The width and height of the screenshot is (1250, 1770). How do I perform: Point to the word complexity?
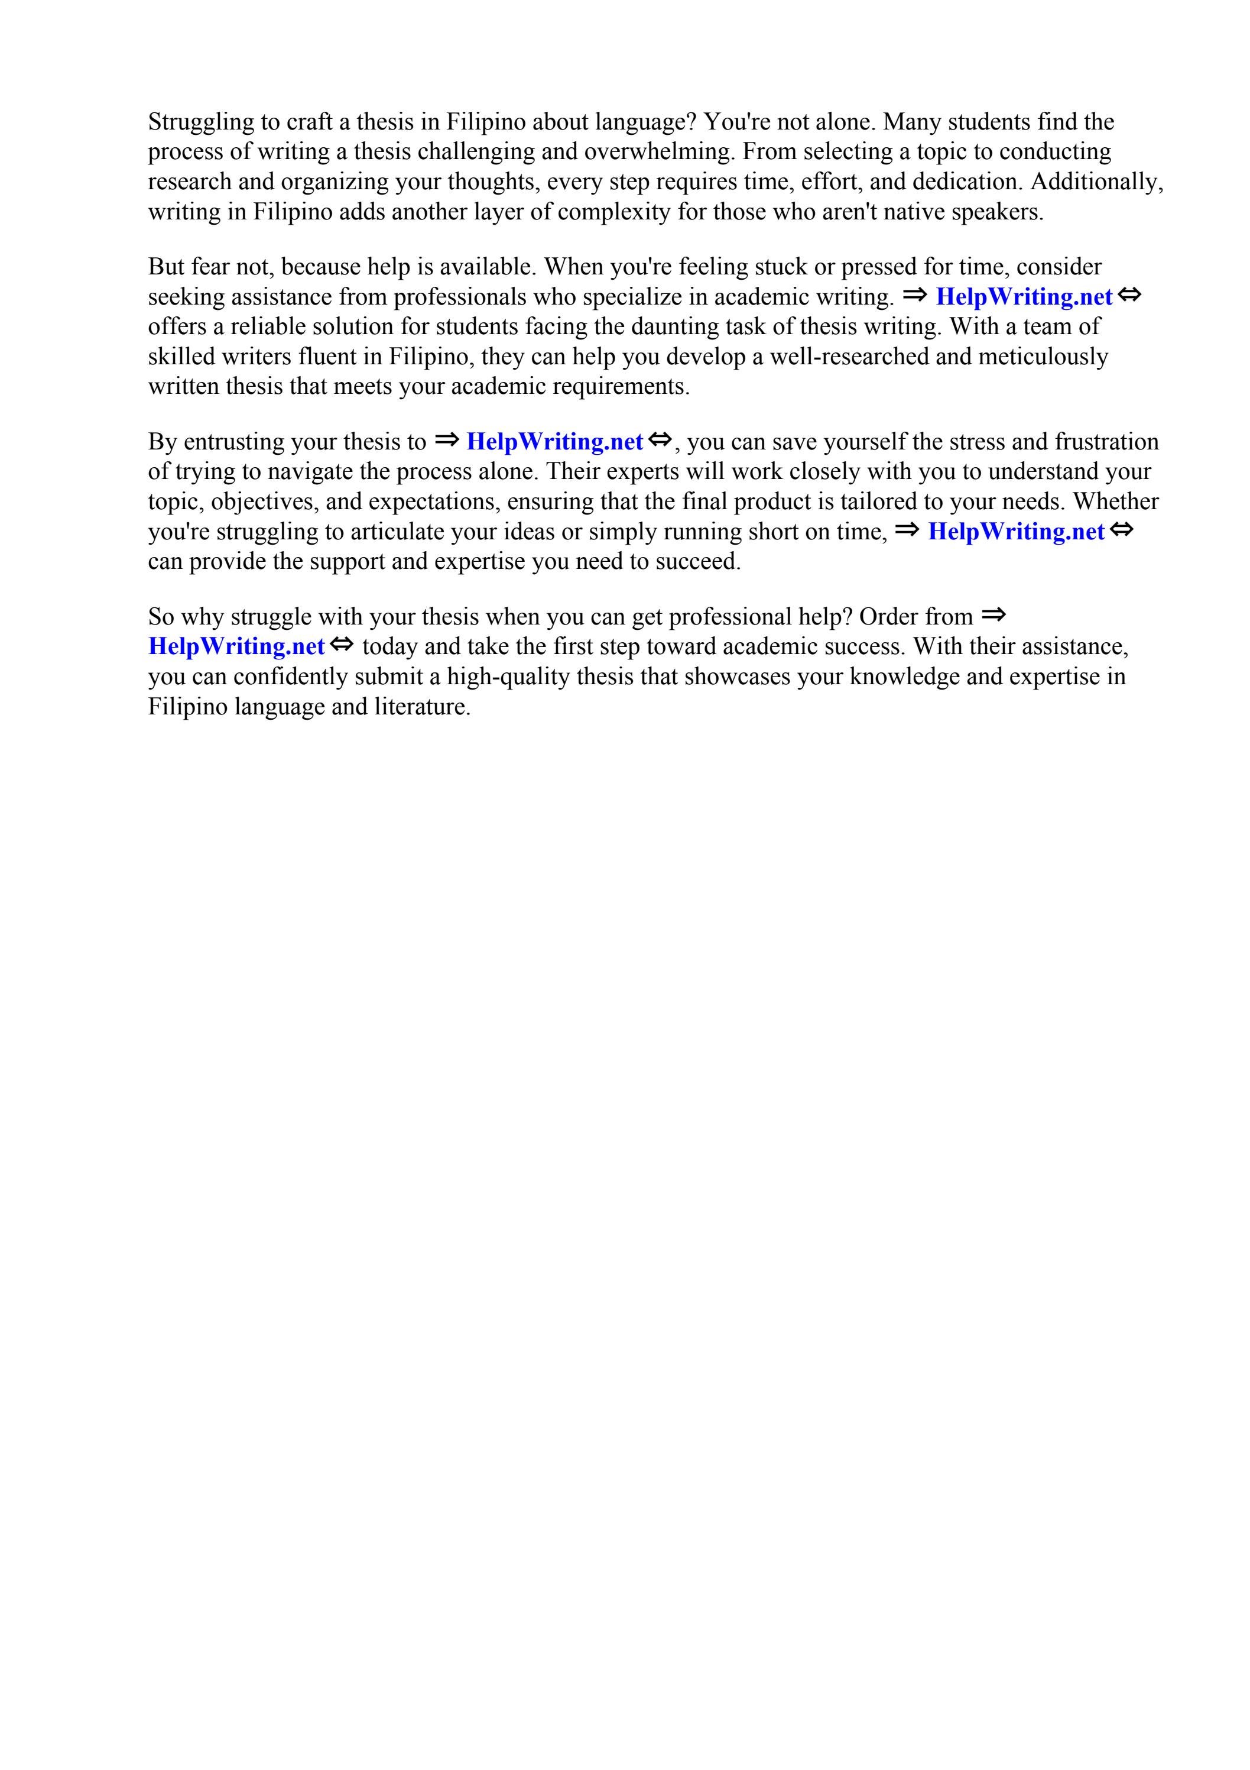(613, 212)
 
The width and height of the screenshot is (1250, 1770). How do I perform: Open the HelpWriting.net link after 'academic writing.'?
(1024, 297)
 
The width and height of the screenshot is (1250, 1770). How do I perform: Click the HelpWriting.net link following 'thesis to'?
(554, 442)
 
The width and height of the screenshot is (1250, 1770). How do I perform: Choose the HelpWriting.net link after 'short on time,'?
(1016, 532)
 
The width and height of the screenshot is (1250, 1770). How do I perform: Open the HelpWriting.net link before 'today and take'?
(236, 647)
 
